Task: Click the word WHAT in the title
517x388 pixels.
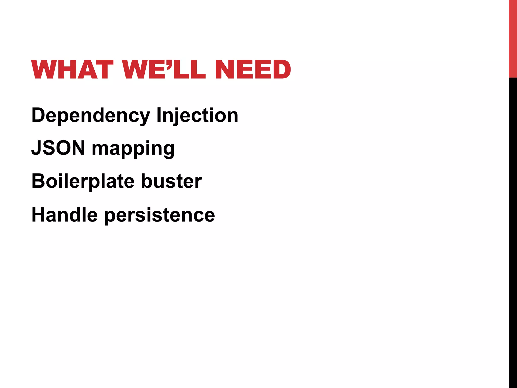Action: click(x=72, y=69)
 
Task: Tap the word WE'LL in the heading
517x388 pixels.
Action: click(x=164, y=69)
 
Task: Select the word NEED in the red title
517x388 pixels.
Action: click(x=253, y=69)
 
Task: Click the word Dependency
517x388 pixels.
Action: click(x=91, y=116)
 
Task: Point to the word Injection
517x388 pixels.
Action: click(x=197, y=116)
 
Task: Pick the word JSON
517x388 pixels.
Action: click(x=58, y=148)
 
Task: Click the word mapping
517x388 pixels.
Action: click(x=133, y=149)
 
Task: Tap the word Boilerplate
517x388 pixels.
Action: click(x=83, y=181)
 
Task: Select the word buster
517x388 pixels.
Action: click(x=171, y=181)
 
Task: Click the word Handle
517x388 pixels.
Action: click(x=64, y=215)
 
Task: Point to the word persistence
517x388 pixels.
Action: click(x=159, y=215)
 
